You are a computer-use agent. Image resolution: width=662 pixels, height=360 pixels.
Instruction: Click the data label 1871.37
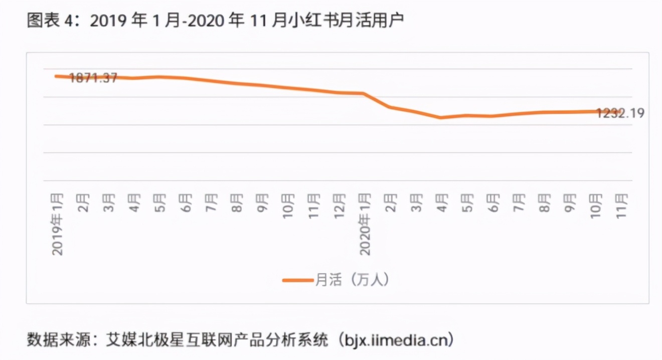pyautogui.click(x=93, y=78)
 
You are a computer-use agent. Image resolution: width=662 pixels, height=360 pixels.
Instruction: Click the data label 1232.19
pyautogui.click(x=620, y=113)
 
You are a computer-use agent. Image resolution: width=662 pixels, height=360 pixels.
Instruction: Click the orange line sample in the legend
pyautogui.click(x=297, y=280)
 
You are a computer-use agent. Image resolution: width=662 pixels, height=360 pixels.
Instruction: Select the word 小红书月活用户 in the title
pyautogui.click(x=356, y=22)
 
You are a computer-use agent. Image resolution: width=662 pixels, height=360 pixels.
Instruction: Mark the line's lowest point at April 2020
pyautogui.click(x=440, y=118)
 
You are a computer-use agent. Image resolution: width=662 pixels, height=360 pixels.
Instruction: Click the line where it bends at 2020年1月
pyautogui.click(x=363, y=93)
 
